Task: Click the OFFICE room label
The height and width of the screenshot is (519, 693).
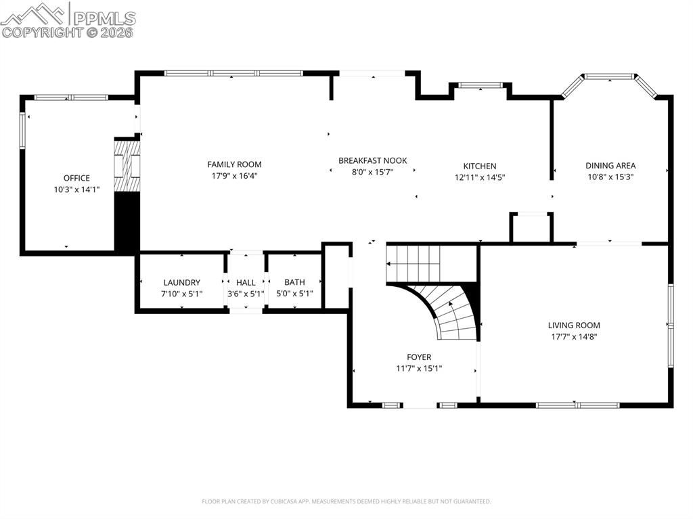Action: coord(76,178)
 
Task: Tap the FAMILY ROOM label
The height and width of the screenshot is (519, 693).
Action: coord(234,164)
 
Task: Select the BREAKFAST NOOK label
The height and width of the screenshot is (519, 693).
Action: coord(373,160)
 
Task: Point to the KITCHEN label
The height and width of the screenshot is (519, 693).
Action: coord(480,166)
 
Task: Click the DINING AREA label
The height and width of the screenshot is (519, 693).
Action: coord(610,165)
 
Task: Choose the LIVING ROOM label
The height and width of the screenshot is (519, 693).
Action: coord(574,325)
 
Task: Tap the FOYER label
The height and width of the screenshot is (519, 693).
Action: coord(419,357)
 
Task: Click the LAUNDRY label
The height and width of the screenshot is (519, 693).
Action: coord(181,282)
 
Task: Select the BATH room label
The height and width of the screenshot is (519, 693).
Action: coord(294,282)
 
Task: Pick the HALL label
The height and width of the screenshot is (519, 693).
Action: coord(246,282)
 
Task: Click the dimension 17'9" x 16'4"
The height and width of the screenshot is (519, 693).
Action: coord(234,176)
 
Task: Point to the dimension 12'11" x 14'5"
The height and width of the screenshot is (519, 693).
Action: coord(480,177)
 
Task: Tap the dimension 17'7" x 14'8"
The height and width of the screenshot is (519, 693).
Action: coord(574,336)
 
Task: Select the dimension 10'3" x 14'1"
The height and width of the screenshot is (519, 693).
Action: coord(76,189)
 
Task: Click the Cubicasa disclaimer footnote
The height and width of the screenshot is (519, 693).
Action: coord(346,501)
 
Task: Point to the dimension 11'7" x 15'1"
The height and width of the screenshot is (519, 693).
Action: coord(419,369)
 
